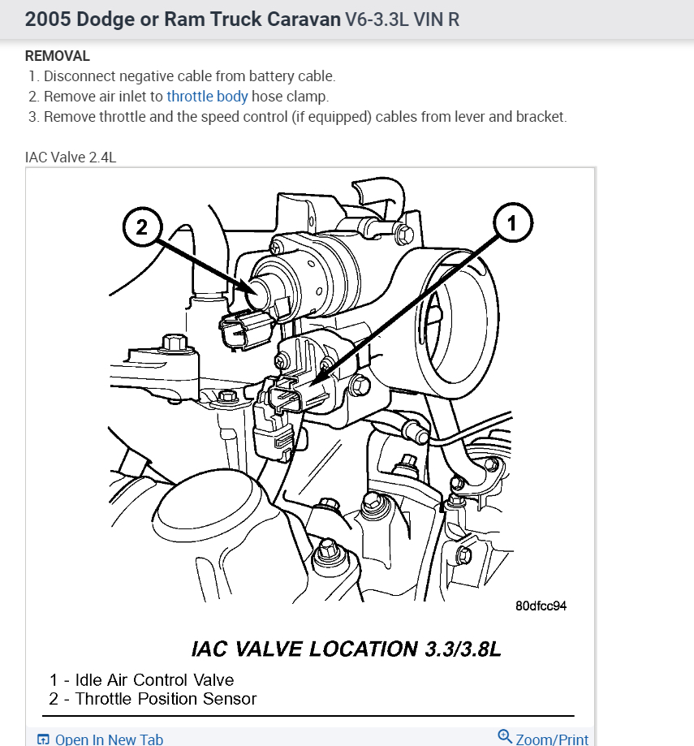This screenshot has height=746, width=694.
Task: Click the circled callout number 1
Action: click(x=511, y=222)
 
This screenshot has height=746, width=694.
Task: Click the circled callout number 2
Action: click(x=142, y=227)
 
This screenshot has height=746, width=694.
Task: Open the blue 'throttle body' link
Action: click(x=207, y=97)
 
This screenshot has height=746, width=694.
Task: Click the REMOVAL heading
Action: click(x=58, y=56)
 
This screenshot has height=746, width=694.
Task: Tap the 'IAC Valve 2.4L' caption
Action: click(x=71, y=157)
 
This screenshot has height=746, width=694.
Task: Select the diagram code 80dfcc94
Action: click(x=541, y=606)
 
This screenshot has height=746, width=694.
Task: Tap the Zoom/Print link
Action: click(x=552, y=739)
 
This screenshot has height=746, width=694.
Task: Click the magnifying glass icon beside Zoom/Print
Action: click(x=505, y=736)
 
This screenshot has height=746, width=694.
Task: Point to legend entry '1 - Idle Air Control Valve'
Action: click(x=142, y=680)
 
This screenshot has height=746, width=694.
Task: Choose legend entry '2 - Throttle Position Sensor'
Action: click(x=153, y=699)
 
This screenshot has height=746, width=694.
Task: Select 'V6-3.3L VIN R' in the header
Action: click(x=403, y=19)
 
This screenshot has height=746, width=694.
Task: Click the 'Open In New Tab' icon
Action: click(x=44, y=739)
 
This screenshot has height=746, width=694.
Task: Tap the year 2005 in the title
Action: click(x=46, y=19)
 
